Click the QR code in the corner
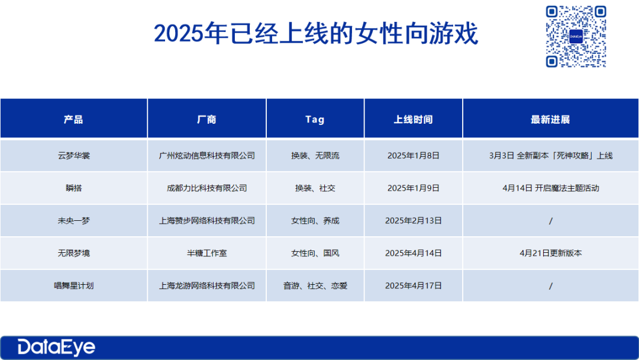coord(576,36)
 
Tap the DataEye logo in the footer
coord(56,348)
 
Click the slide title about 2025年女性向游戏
coord(316,33)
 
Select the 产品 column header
coord(73,120)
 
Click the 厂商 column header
coord(206,120)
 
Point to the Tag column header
coord(315,120)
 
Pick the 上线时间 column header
coord(413,120)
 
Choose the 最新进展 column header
coord(550,120)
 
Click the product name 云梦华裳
coord(74,155)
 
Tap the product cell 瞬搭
coord(74,188)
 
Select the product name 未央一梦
coord(74,221)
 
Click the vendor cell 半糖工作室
coord(206,253)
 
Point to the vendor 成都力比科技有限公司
coord(206,188)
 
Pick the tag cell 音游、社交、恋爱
coord(315,286)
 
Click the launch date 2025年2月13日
coord(413,221)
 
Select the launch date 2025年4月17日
coord(413,286)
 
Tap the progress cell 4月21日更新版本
coord(551,253)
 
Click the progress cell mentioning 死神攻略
coord(551,155)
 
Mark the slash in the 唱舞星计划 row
coord(551,286)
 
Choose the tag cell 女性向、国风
coord(315,253)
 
